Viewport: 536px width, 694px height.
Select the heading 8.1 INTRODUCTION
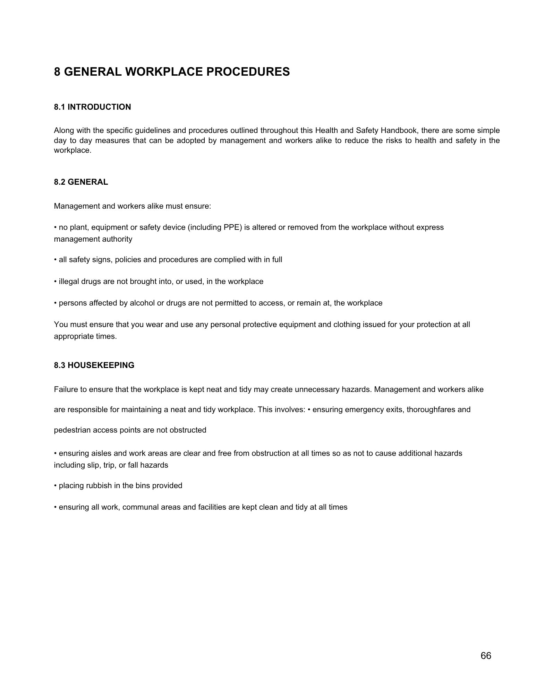92,107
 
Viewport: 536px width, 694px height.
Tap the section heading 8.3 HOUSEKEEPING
94,365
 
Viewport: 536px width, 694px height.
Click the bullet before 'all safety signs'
56,260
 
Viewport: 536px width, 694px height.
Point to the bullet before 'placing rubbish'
56,485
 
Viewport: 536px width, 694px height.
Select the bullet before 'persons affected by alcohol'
56,303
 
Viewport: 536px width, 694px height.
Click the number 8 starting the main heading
57,72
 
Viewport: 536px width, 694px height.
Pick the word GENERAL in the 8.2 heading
88,182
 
